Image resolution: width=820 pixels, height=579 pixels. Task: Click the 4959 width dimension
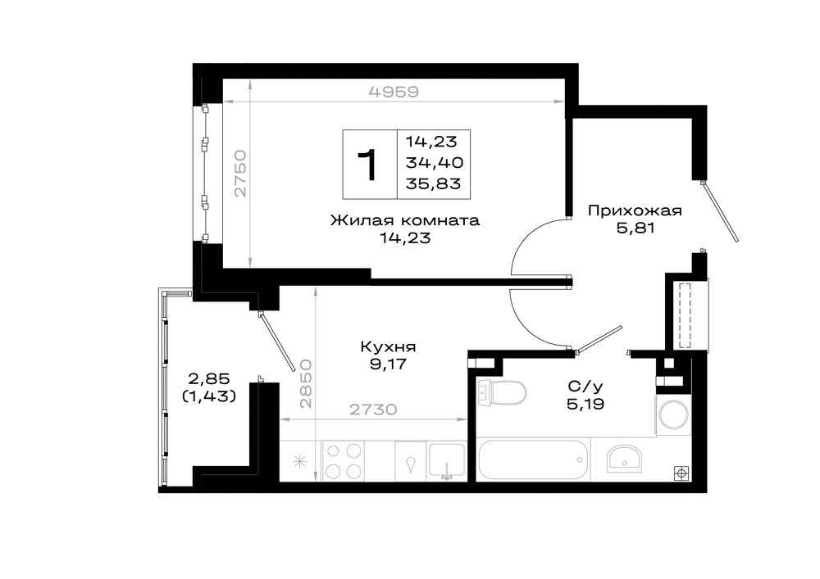click(x=394, y=92)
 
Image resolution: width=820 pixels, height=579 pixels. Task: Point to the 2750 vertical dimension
click(x=239, y=174)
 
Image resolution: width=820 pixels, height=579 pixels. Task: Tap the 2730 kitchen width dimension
click(x=373, y=409)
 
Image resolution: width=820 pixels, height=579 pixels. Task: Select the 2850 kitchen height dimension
click(x=306, y=383)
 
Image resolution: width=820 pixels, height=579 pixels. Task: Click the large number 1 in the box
click(x=369, y=165)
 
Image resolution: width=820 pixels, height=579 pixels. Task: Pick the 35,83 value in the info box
click(x=434, y=183)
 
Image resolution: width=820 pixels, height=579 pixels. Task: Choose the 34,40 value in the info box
click(x=434, y=162)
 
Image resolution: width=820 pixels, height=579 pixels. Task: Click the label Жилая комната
click(x=405, y=220)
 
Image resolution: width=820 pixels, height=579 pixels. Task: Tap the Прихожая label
click(x=635, y=211)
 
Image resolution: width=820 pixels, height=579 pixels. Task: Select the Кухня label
click(x=388, y=346)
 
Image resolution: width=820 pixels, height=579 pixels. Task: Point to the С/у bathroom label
click(x=585, y=387)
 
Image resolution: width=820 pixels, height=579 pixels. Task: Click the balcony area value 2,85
click(x=209, y=378)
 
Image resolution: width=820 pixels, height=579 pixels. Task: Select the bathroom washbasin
click(x=624, y=459)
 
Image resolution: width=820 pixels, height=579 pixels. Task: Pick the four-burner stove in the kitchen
click(x=343, y=462)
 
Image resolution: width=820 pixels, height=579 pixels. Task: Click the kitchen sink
click(x=446, y=462)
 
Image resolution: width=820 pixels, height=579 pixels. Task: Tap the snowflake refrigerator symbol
click(x=300, y=461)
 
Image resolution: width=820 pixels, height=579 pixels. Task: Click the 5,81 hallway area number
click(x=635, y=228)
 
